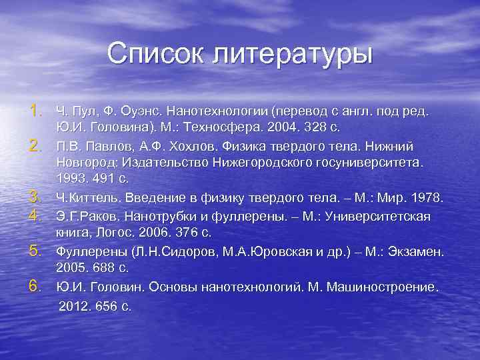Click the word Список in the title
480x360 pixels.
click(x=152, y=53)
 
